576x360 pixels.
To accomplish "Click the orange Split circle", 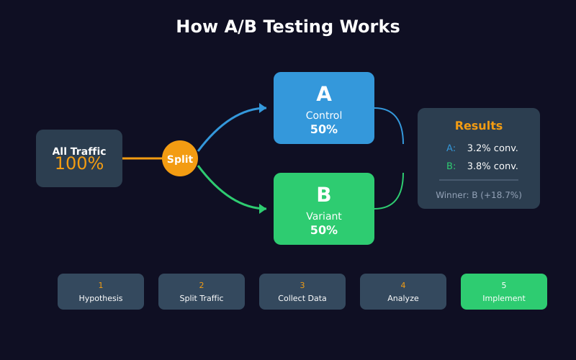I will click(180, 158).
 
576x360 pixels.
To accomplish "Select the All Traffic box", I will click(79, 158).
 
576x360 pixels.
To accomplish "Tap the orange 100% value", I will click(79, 164).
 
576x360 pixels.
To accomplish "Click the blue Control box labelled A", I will click(324, 108).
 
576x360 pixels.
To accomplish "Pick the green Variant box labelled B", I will click(324, 209).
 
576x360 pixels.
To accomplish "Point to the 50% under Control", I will click(324, 130).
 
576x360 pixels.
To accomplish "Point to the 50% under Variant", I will click(324, 230).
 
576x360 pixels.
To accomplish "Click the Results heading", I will click(479, 126).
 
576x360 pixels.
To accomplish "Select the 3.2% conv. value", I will click(492, 148).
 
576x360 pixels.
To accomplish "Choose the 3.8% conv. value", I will click(492, 166).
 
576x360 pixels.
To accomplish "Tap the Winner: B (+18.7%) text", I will click(479, 195).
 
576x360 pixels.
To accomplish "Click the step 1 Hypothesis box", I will click(101, 292).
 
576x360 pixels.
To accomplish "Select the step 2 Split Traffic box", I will click(202, 292).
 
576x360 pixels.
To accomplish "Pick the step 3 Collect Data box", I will click(302, 292).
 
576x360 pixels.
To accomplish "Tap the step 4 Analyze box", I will click(403, 292).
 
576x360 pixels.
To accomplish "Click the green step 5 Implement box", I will click(504, 292).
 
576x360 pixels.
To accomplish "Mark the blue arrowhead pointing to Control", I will click(263, 108).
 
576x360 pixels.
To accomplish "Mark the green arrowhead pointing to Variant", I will click(263, 209).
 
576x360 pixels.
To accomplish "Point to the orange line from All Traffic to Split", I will click(142, 158).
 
